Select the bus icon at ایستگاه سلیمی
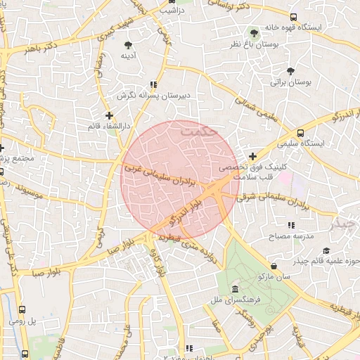(301, 132)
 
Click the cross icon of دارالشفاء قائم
(109, 115)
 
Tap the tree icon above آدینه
(128, 45)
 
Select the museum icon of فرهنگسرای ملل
(234, 290)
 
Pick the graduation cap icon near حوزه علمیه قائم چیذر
(326, 250)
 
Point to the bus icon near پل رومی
(22, 309)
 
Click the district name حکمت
(200, 131)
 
